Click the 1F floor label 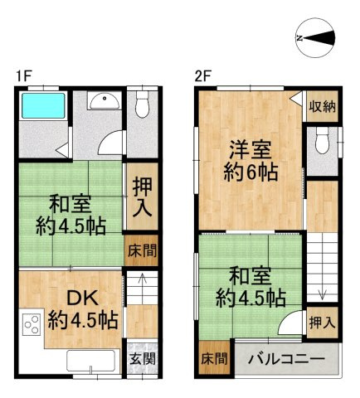pos(23,76)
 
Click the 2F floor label pos(202,76)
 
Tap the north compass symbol pos(316,38)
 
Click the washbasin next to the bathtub pos(104,103)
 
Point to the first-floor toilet pos(142,104)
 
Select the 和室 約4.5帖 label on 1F pos(69,213)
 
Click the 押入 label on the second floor pos(323,322)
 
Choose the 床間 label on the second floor pos(213,359)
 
